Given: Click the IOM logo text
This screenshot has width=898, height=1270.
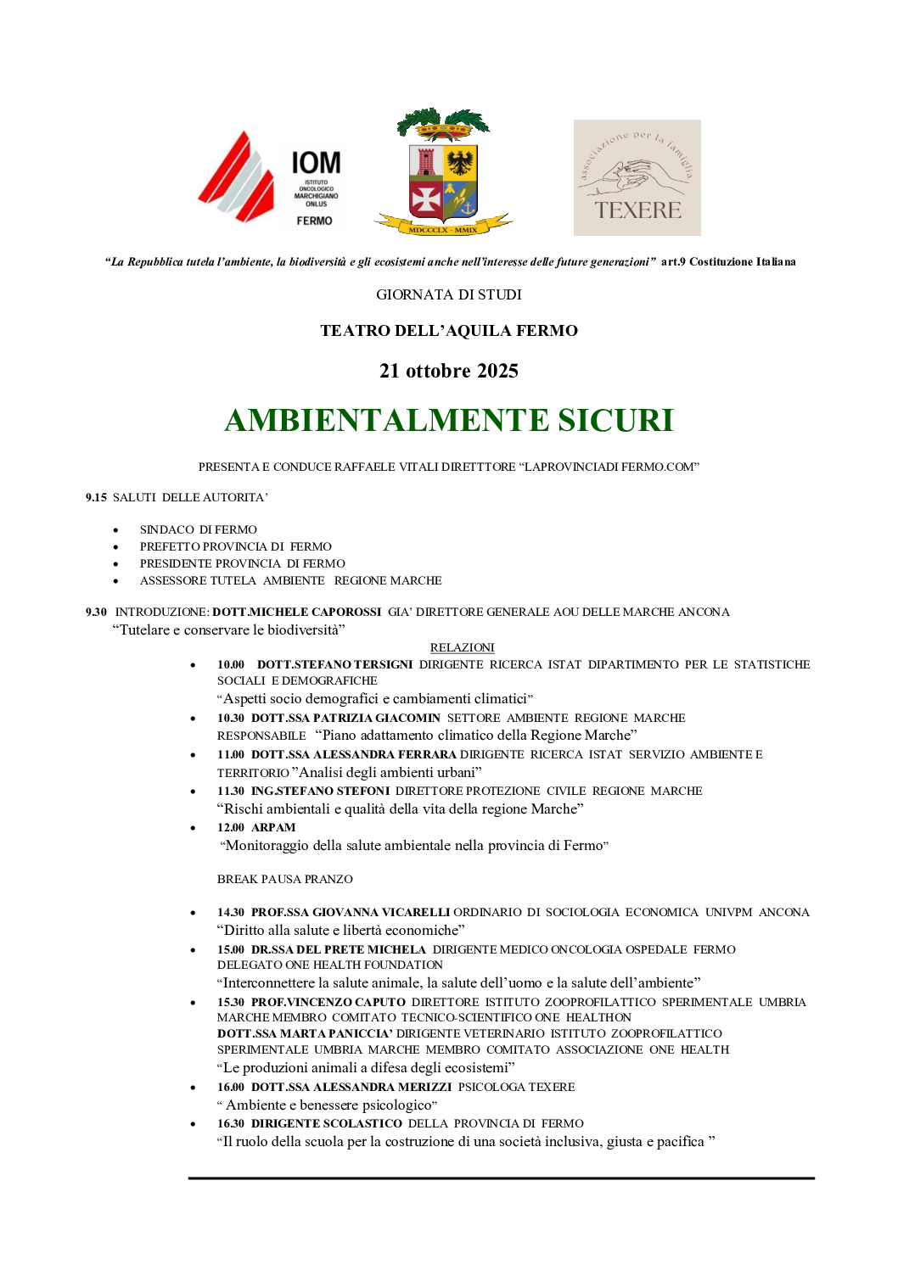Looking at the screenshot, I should (x=316, y=163).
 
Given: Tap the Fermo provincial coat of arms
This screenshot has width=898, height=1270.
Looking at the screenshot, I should (x=443, y=173).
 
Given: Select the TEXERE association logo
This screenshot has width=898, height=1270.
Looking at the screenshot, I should (x=637, y=177).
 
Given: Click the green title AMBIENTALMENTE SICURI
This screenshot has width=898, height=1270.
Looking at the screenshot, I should (x=449, y=421).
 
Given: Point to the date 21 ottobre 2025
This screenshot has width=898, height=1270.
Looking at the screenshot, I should (x=449, y=371).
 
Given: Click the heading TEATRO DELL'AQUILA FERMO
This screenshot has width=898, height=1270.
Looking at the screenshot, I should (x=449, y=331).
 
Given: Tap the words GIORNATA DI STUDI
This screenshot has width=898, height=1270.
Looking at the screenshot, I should (x=449, y=294).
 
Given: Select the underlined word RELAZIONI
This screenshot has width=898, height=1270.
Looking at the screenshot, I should (x=462, y=647).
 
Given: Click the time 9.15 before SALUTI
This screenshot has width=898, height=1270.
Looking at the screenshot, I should (x=96, y=497).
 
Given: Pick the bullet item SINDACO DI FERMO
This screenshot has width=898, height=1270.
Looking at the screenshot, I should (x=199, y=529).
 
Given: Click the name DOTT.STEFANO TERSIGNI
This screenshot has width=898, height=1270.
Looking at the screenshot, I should (x=335, y=664).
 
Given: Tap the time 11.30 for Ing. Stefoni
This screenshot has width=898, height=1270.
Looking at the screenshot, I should (x=231, y=791).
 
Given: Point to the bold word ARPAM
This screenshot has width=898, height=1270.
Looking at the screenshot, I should (x=273, y=827).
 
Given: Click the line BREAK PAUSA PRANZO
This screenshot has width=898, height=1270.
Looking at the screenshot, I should (x=285, y=879).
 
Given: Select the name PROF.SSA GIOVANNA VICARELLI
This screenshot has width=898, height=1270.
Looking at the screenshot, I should (x=351, y=912).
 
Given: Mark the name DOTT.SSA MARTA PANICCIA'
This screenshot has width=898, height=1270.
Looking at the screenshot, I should (x=305, y=1033).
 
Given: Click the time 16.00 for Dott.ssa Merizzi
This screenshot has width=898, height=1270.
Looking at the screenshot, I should (x=231, y=1087).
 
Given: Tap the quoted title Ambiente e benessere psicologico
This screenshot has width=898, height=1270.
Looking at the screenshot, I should (x=329, y=1105).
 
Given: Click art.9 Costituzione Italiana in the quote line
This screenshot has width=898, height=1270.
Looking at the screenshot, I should (x=728, y=261).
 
